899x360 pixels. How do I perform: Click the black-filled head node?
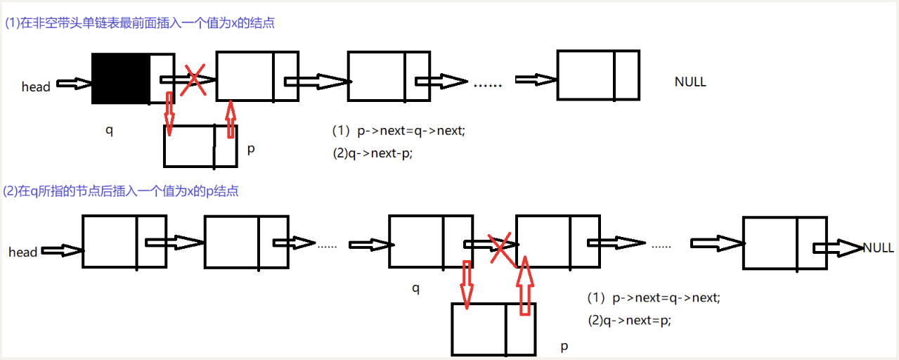coord(121,79)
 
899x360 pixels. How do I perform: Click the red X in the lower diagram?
coord(500,247)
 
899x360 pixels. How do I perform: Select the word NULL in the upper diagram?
coord(690,82)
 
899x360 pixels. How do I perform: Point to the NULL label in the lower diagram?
coord(878,247)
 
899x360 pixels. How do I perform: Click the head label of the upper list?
coord(36,86)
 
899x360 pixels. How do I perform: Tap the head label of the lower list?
coord(22,252)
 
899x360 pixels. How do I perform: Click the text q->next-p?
coord(372,154)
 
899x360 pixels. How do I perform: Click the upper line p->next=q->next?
coord(399,131)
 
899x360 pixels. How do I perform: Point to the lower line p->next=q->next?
coord(654,297)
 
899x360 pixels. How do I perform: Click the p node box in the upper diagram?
coord(200,146)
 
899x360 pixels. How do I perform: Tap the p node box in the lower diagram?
coord(493,329)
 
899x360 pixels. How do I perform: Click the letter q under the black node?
coord(109,130)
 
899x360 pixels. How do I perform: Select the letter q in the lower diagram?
coord(415,288)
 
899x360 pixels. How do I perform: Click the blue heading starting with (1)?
coord(139,22)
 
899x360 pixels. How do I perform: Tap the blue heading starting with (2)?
coord(122,191)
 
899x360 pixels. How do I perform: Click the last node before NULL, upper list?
coord(597,75)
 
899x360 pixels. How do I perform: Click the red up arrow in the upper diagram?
coord(231,119)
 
